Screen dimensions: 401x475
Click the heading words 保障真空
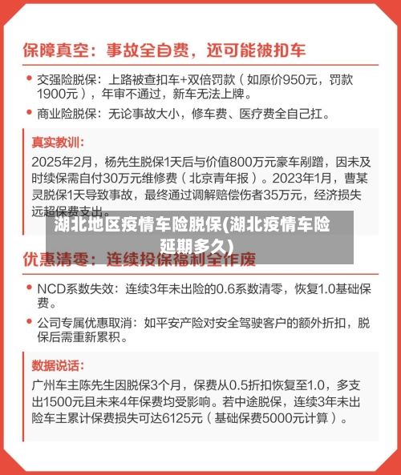tap(58, 50)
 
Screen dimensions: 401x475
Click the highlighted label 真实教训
tap(56, 143)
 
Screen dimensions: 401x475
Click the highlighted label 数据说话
tap(56, 364)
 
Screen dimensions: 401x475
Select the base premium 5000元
tap(286, 417)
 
